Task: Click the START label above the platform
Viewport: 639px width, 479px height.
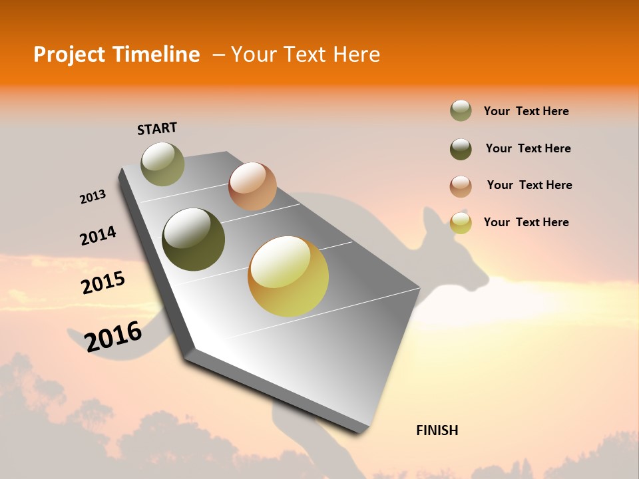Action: coord(157,128)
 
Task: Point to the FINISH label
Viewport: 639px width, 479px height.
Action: coord(437,430)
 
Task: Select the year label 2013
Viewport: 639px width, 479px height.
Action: coord(93,197)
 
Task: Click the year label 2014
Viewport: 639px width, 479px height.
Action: coord(98,236)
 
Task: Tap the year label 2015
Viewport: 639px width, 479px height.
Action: coord(103,283)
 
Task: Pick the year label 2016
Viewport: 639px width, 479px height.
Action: coord(113,337)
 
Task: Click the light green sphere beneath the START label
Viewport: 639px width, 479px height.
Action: coord(162,164)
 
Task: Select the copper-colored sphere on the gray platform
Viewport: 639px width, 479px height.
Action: coord(252,186)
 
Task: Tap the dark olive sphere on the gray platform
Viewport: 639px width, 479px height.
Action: coord(194,239)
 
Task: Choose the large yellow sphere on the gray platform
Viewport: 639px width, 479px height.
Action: coord(288,276)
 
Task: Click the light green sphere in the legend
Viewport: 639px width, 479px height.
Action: coord(461,111)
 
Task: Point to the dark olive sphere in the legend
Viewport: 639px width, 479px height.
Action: coord(461,149)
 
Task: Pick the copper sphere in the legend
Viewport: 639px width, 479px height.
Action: coord(461,186)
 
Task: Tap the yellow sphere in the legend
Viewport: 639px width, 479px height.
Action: coord(461,223)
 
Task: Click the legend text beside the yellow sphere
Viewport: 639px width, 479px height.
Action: coord(526,222)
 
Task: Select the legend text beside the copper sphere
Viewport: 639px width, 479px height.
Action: coord(529,185)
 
